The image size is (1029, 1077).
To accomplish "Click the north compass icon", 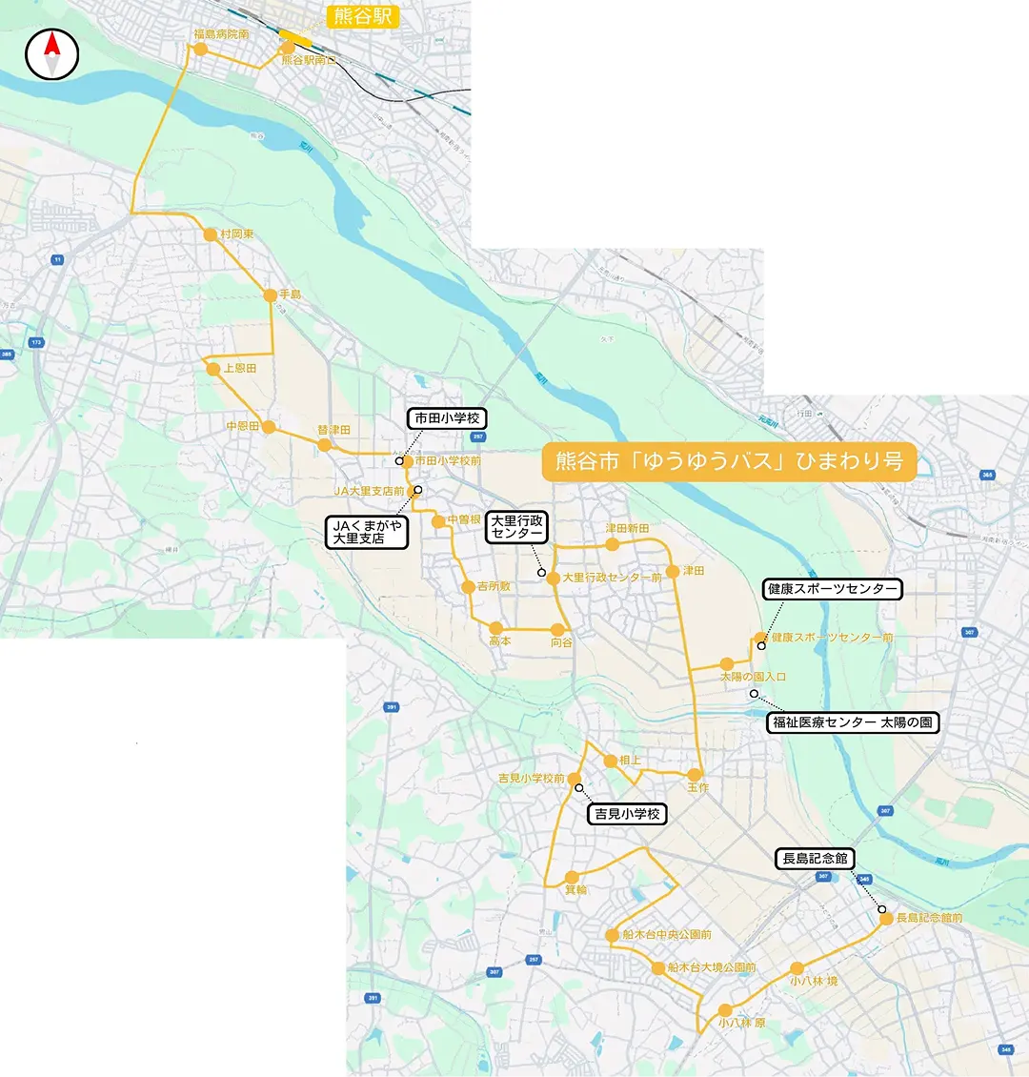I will [x=51, y=54].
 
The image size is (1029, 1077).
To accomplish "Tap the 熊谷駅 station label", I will [x=362, y=16].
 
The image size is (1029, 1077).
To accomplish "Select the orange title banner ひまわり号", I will [x=729, y=461].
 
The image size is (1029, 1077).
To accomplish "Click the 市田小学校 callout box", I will [x=447, y=418].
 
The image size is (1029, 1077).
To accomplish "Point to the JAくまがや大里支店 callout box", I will [x=367, y=532].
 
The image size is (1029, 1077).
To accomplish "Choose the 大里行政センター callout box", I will [x=517, y=527].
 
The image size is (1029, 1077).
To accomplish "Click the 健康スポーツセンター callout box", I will [x=833, y=589].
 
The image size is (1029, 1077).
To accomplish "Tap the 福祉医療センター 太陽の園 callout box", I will [x=853, y=722].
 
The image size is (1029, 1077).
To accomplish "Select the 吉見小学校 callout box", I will [x=627, y=814].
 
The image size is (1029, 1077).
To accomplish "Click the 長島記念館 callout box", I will [x=815, y=859].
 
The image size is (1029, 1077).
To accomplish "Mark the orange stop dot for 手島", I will [x=271, y=295].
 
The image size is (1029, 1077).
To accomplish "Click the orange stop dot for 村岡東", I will [x=211, y=234].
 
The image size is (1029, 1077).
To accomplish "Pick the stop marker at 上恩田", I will [x=213, y=369].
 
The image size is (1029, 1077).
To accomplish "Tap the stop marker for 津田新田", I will [x=613, y=544].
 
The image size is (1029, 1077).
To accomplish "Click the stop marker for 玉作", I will [x=695, y=775].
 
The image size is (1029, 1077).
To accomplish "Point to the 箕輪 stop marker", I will [x=572, y=877].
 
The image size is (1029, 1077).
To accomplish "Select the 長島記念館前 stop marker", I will [x=886, y=918].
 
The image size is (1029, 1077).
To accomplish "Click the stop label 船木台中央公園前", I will [x=667, y=935].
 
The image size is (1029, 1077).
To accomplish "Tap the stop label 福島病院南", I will [x=221, y=34].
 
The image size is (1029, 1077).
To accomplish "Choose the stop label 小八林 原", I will [x=742, y=1023].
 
